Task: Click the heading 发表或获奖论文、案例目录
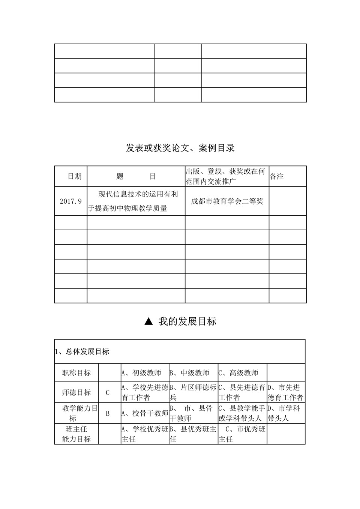[x=180, y=148]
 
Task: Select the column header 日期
[x=74, y=176]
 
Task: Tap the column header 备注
[x=277, y=176]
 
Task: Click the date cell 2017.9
[x=70, y=201]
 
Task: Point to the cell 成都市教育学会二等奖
[x=227, y=201]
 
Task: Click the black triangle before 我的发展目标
[x=148, y=321]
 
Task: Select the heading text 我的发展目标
[x=187, y=321]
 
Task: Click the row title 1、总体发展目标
[x=82, y=351]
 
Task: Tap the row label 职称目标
[x=76, y=373]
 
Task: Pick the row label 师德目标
[x=76, y=392]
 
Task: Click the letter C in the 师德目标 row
[x=108, y=393]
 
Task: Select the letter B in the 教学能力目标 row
[x=108, y=413]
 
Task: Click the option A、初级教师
[x=141, y=373]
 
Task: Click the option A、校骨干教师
[x=145, y=413]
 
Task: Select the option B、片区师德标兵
[x=193, y=392]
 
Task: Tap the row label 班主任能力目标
[x=76, y=434]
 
